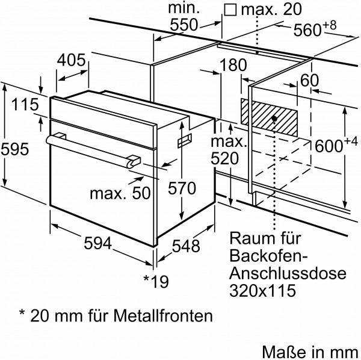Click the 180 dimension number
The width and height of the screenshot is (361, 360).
click(x=233, y=65)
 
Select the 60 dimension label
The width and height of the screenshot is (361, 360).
click(x=309, y=81)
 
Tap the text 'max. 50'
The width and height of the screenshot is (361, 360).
click(x=118, y=193)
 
